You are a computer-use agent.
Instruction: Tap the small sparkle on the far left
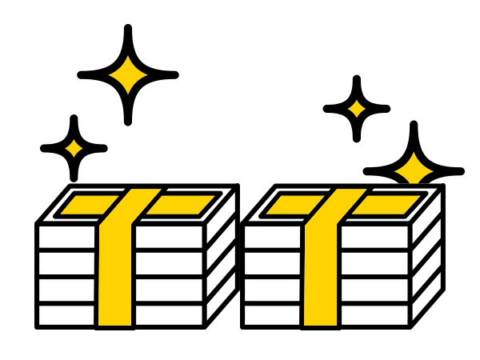(74, 148)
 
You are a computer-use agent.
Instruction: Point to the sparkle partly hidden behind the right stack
(414, 168)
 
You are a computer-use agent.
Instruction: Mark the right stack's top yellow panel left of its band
(293, 206)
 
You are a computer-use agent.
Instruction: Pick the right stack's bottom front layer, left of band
(271, 315)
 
